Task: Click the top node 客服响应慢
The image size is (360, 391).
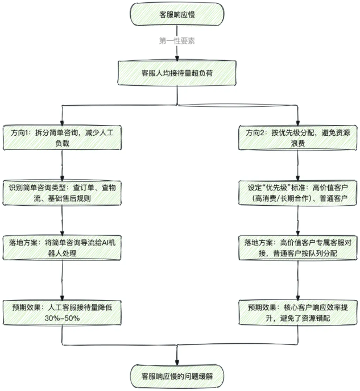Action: (x=178, y=14)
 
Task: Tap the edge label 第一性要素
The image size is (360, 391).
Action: (x=178, y=41)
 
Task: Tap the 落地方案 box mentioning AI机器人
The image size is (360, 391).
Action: (x=62, y=248)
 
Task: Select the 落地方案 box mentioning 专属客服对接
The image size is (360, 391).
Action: (x=298, y=248)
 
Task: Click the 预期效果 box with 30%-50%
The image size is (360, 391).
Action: (x=62, y=311)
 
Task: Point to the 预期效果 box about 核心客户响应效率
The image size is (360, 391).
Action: (x=298, y=311)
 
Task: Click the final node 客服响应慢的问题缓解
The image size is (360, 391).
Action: (x=178, y=376)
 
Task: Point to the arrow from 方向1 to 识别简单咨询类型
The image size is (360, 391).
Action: (x=62, y=164)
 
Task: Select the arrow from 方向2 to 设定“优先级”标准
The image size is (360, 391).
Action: (x=298, y=164)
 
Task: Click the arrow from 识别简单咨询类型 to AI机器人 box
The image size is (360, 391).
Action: (x=62, y=219)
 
